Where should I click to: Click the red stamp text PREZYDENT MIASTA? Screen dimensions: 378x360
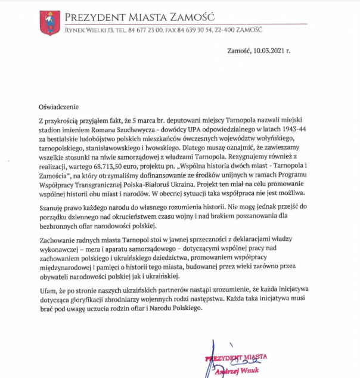pyautogui.click(x=236, y=358)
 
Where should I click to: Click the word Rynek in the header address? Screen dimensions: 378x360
pyautogui.click(x=73, y=29)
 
